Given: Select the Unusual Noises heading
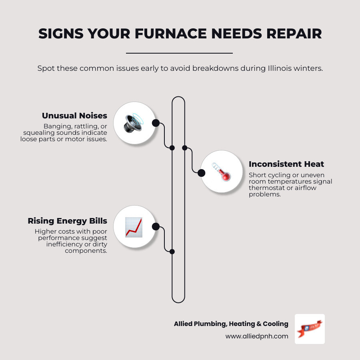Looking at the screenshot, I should click(x=74, y=116).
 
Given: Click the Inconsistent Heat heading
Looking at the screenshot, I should click(x=286, y=164).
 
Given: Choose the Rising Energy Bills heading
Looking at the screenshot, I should click(x=67, y=221).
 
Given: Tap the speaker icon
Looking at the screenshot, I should click(x=134, y=123).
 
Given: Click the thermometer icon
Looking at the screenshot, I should click(x=221, y=172).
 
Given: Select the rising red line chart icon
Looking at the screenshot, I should click(x=134, y=227).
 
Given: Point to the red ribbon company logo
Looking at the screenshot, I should click(x=309, y=329).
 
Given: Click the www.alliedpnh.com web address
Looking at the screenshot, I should click(x=257, y=336).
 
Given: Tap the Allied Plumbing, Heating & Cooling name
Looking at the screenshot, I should click(x=231, y=324).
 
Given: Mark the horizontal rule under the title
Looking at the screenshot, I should click(x=179, y=53).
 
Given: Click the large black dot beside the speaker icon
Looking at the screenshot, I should click(x=156, y=123).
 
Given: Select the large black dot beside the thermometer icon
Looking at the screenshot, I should click(x=202, y=173).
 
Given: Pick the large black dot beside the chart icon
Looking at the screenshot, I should click(x=156, y=227).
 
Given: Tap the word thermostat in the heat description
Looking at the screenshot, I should click(x=266, y=188).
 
